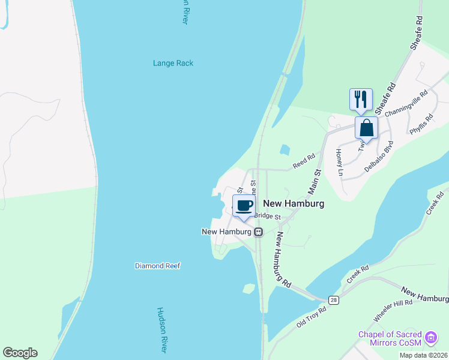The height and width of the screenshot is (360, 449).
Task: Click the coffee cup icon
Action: pyautogui.click(x=244, y=206)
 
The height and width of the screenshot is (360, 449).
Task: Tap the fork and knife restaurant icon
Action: pyautogui.click(x=361, y=98)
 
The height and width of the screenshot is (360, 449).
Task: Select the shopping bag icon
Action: pyautogui.click(x=366, y=128)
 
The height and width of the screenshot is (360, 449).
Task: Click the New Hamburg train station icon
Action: pyautogui.click(x=258, y=232)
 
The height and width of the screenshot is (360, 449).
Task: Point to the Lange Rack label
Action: pyautogui.click(x=173, y=63)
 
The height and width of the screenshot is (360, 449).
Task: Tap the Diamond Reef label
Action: pyautogui.click(x=157, y=266)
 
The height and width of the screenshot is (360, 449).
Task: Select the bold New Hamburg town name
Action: pyautogui.click(x=294, y=204)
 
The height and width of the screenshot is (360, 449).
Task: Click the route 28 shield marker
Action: pyautogui.click(x=333, y=299)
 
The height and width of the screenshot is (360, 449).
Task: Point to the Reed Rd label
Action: pyautogui.click(x=304, y=161)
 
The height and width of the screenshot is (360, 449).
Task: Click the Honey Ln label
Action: pyautogui.click(x=340, y=163)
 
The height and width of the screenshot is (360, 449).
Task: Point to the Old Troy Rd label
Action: pyautogui.click(x=311, y=317)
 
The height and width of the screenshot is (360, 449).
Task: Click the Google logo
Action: pyautogui.click(x=20, y=353)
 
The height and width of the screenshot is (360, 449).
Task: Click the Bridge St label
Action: pyautogui.click(x=268, y=216)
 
